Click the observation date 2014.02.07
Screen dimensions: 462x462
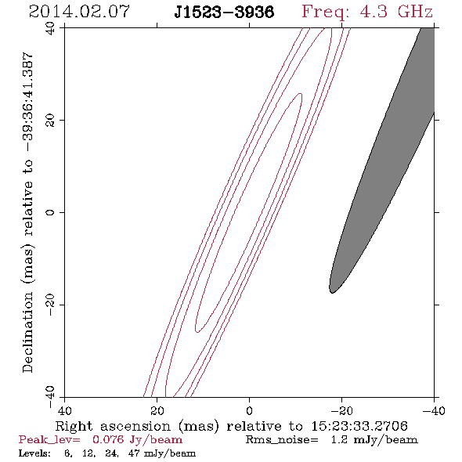pyautogui.click(x=79, y=12)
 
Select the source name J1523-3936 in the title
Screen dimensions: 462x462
pyautogui.click(x=224, y=13)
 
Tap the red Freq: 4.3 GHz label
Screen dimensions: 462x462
pyautogui.click(x=367, y=12)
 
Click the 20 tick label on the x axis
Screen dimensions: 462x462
pyautogui.click(x=157, y=411)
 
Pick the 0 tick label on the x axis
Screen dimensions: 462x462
pyautogui.click(x=249, y=411)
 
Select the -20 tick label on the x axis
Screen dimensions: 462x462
pyautogui.click(x=341, y=411)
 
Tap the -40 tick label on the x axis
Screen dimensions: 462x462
pyautogui.click(x=434, y=411)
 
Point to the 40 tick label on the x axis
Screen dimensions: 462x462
pyautogui.click(x=64, y=411)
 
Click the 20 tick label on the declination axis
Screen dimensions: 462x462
pyautogui.click(x=50, y=121)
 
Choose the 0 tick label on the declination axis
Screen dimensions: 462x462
pyautogui.click(x=50, y=212)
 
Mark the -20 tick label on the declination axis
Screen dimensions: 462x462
pyautogui.click(x=50, y=305)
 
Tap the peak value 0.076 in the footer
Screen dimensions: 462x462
pyautogui.click(x=108, y=439)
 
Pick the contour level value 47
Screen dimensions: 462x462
pyautogui.click(x=134, y=453)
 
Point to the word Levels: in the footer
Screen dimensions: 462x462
pyautogui.click(x=34, y=453)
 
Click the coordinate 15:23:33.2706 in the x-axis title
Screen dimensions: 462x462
pyautogui.click(x=359, y=426)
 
